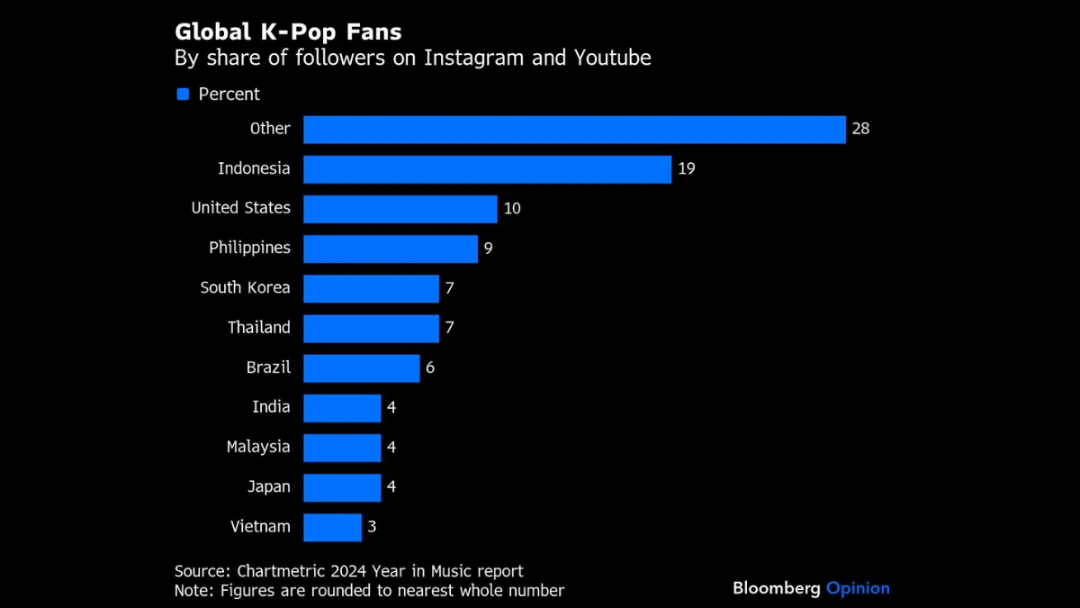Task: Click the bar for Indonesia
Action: [x=487, y=168]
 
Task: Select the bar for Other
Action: [x=574, y=129]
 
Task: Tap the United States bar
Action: [x=400, y=208]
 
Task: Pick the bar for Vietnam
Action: [x=332, y=527]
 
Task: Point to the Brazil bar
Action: [x=361, y=368]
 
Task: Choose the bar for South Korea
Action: [x=371, y=288]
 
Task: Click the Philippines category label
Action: [x=249, y=248]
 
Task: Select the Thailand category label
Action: [x=259, y=328]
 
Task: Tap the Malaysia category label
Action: [x=258, y=447]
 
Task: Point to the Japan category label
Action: [x=269, y=487]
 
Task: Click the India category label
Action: [x=271, y=407]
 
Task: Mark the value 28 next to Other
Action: [x=860, y=129]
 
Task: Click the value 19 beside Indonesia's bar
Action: [x=687, y=168]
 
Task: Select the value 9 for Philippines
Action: [x=488, y=248]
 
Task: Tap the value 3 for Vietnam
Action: [x=372, y=527]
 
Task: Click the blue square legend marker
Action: [x=183, y=95]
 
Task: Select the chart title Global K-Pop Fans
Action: [x=288, y=32]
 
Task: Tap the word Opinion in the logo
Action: [x=858, y=588]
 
